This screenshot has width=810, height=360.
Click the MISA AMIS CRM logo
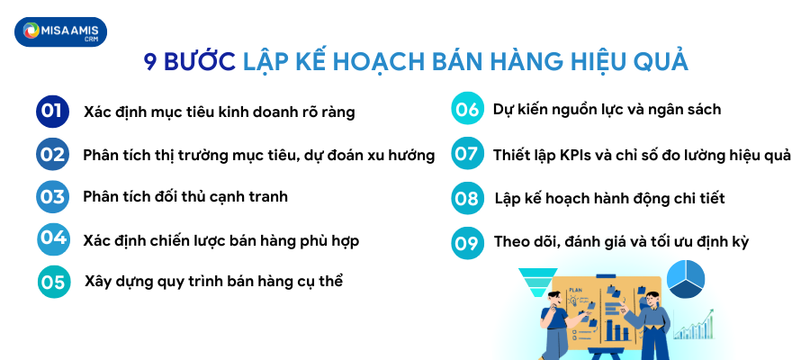(61, 32)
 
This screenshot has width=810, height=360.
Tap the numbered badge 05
(53, 282)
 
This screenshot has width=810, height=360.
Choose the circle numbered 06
(466, 110)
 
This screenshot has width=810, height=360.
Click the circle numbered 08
(466, 198)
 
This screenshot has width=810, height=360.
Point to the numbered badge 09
(466, 242)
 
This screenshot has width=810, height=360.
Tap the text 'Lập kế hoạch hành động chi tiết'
(609, 198)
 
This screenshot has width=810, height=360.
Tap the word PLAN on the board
(576, 290)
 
